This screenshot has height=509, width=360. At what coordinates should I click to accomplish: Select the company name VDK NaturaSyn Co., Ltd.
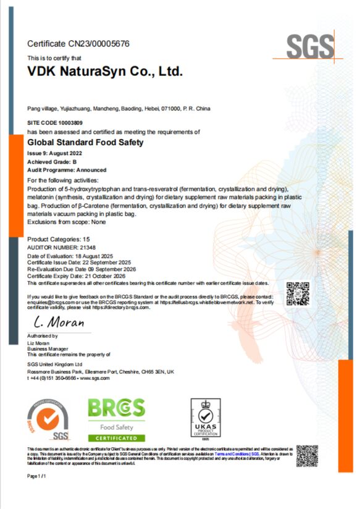tap(106, 71)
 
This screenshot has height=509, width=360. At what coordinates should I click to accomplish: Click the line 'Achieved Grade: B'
tap(52, 161)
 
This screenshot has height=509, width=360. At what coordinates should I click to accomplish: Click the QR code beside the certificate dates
tap(297, 292)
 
